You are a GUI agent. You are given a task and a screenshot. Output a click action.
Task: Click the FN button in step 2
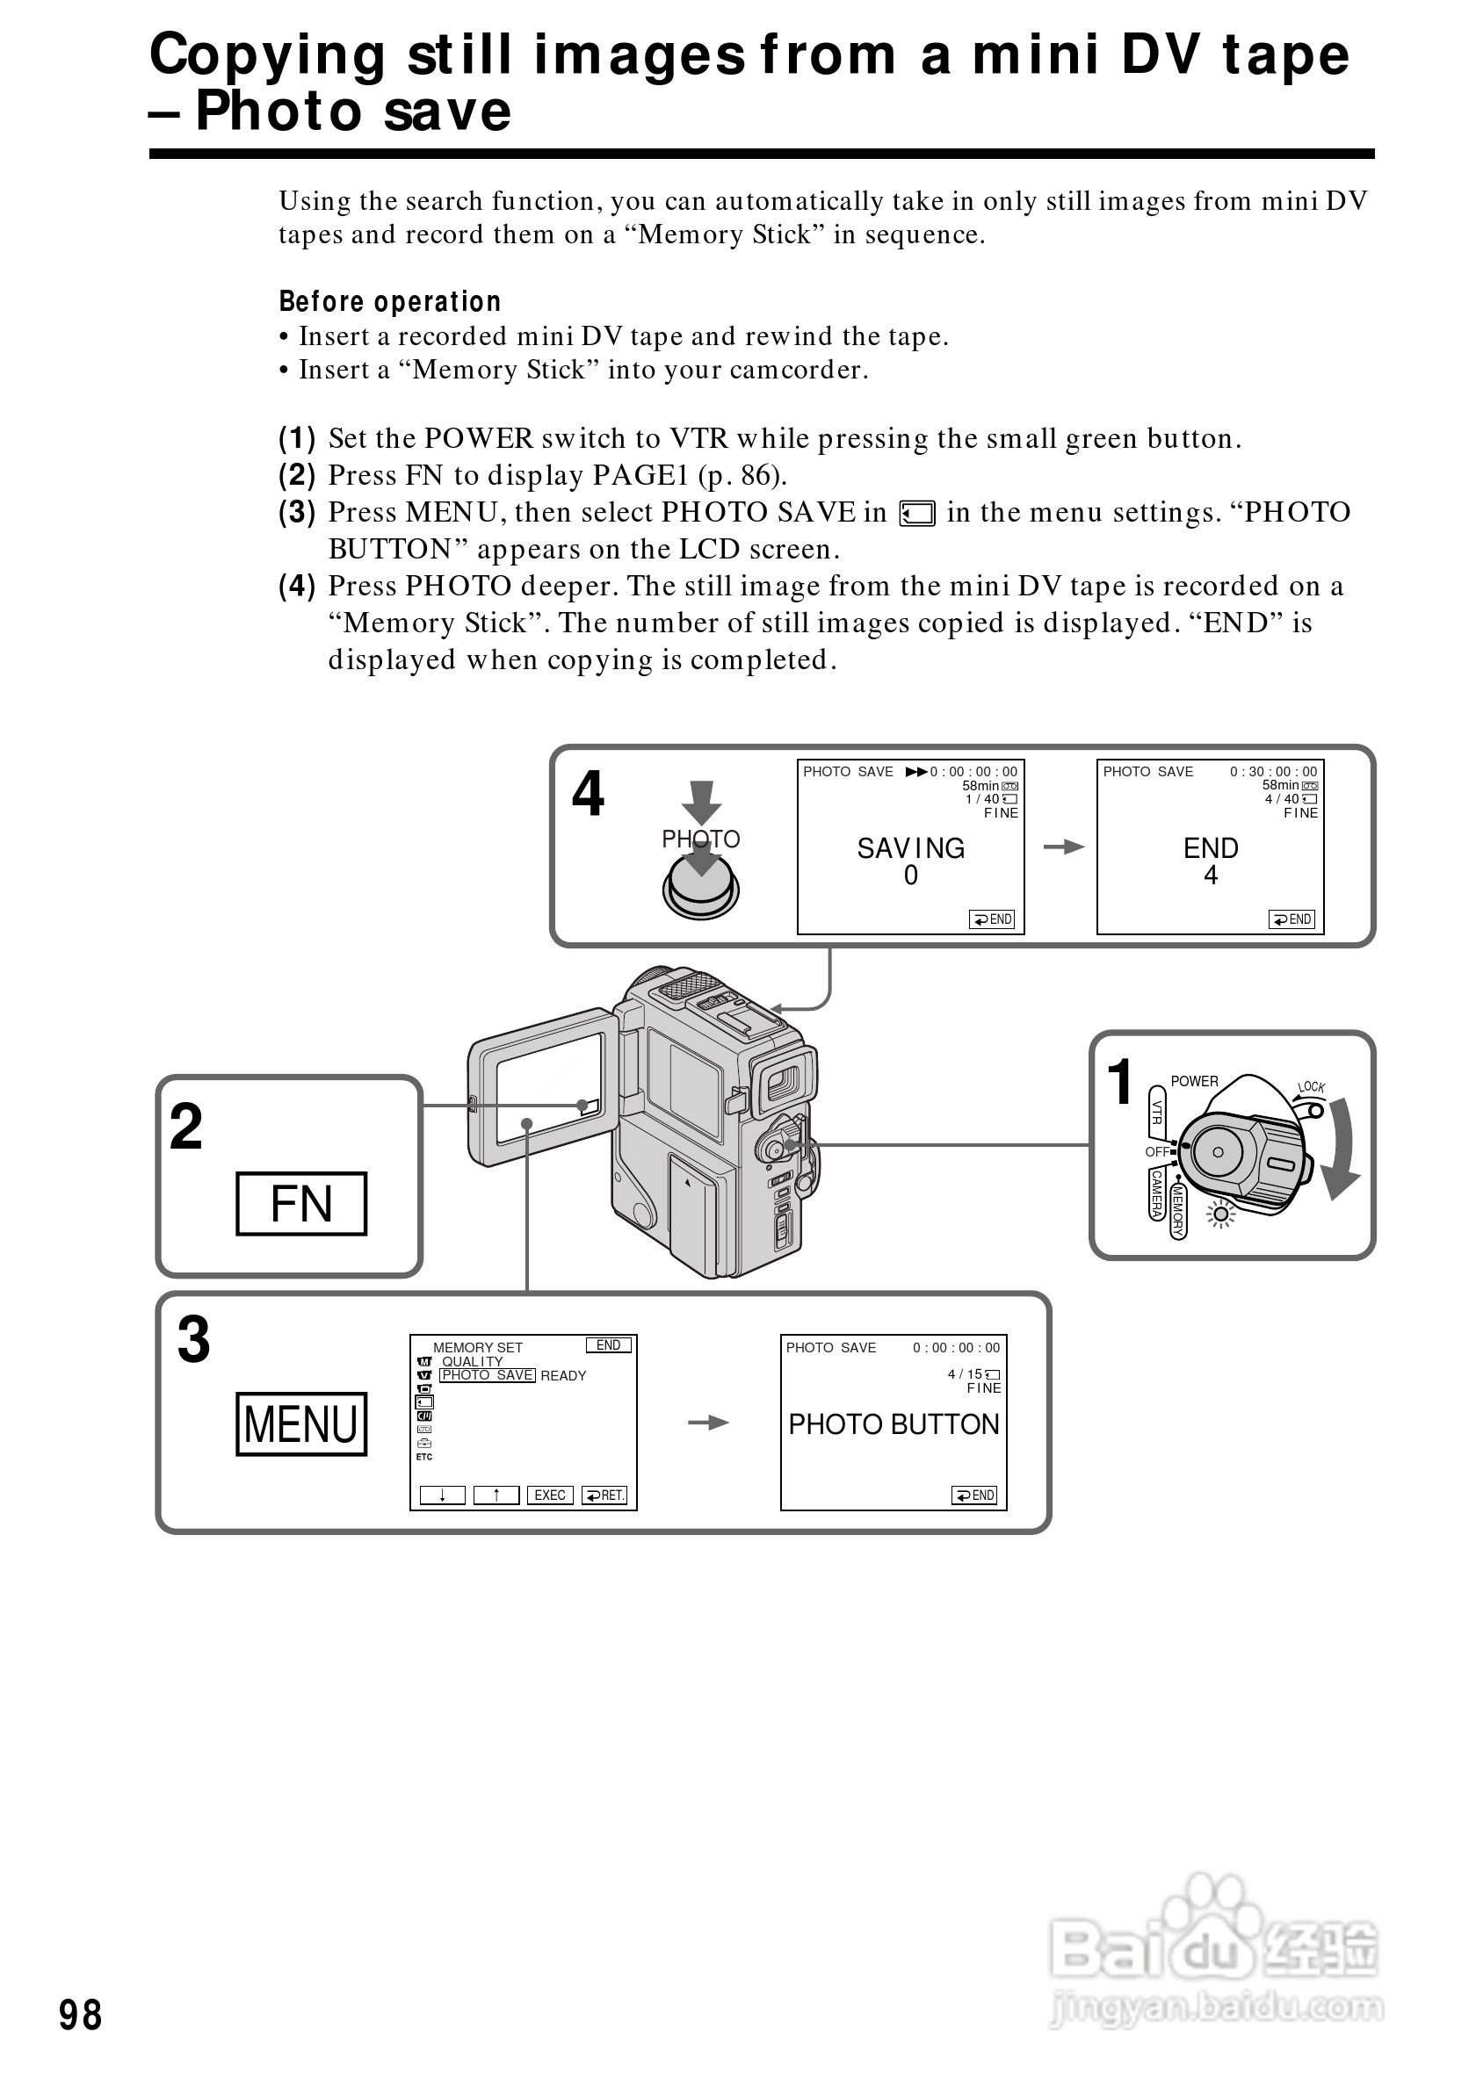301,1203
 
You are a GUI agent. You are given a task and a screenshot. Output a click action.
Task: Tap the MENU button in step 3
301,1423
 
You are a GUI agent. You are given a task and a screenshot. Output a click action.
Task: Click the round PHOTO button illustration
700,887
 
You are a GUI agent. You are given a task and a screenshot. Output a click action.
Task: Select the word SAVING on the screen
910,848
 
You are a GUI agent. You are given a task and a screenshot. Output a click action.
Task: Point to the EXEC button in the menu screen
550,1495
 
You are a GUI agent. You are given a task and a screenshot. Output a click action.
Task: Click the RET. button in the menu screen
604,1495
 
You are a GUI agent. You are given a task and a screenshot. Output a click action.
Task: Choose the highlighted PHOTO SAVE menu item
487,1375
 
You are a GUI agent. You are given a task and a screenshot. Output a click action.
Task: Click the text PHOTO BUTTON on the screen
894,1423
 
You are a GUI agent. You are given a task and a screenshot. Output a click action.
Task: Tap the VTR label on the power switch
1156,1112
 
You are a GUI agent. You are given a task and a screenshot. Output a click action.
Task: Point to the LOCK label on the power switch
1311,1087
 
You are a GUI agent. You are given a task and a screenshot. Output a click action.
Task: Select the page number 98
80,2015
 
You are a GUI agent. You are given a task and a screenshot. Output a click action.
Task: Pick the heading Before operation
390,301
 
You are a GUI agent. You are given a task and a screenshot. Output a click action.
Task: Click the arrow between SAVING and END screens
1062,847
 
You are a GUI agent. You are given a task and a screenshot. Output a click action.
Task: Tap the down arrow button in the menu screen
443,1495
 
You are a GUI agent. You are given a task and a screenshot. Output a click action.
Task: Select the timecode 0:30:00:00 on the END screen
1273,772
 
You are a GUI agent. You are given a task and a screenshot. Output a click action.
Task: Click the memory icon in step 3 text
917,515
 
